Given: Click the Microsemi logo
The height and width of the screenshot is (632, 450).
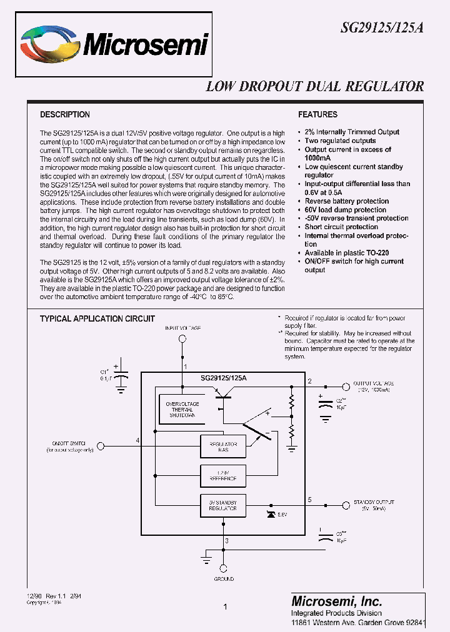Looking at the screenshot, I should (x=113, y=44).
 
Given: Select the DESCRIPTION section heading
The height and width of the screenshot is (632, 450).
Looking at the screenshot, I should (x=65, y=115).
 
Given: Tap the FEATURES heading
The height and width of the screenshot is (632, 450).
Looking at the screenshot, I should (x=317, y=115).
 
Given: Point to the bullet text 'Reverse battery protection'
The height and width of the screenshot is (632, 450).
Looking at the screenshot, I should (x=346, y=201).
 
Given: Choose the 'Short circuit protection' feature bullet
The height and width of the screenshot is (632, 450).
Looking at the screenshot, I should (x=341, y=227).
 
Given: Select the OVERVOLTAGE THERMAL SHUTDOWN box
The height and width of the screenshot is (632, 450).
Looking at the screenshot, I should (x=182, y=410).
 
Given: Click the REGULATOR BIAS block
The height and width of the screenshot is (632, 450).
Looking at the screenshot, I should (x=218, y=446).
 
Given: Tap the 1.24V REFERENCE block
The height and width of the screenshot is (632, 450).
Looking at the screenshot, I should (x=218, y=475).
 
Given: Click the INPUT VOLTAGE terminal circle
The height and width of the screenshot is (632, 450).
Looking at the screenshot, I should (x=183, y=339).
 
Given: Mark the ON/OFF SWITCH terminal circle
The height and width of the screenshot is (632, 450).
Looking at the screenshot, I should (x=102, y=446).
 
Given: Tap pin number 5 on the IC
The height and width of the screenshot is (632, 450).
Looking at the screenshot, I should (x=309, y=500).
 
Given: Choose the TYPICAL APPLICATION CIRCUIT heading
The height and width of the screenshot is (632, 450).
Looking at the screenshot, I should (x=97, y=318).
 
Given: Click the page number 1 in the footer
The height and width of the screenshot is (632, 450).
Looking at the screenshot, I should (x=225, y=606).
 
